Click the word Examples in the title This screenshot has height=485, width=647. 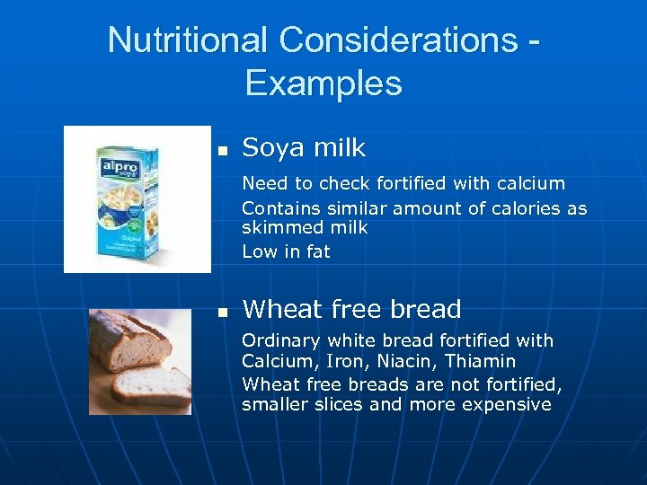coord(323,84)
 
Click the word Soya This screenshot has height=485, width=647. coord(272,147)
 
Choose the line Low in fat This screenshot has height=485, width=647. coord(286,252)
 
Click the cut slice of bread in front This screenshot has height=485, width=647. coord(151,385)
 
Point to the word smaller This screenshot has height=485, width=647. coord(274,404)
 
